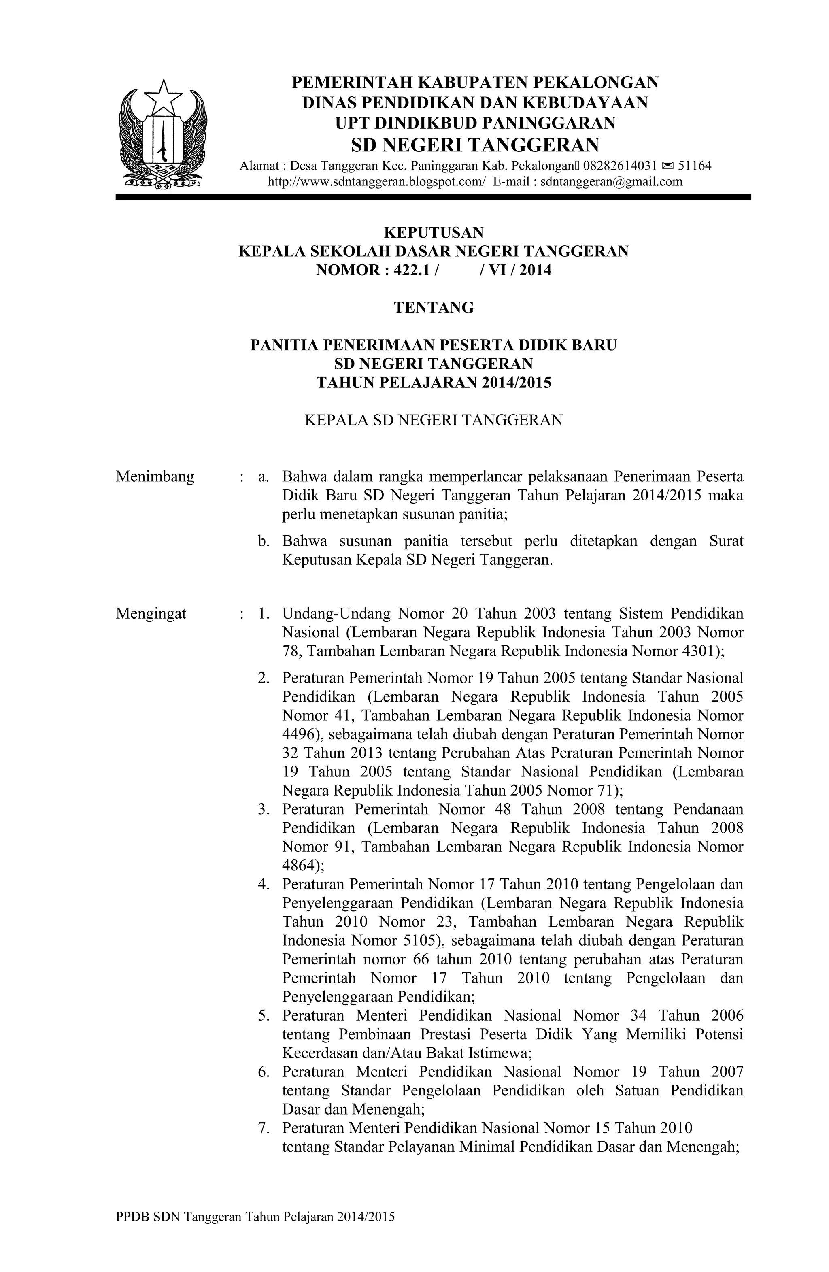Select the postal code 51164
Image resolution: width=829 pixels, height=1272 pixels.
(694, 166)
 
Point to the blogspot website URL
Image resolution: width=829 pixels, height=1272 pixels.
(377, 181)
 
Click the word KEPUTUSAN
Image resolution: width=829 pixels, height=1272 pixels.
(434, 232)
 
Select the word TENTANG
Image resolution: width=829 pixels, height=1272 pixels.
(434, 307)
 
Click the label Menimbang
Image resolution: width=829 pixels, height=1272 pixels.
(155, 476)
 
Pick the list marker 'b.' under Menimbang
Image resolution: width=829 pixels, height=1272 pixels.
(263, 541)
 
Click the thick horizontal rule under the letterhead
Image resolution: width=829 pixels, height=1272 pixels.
(433, 197)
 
